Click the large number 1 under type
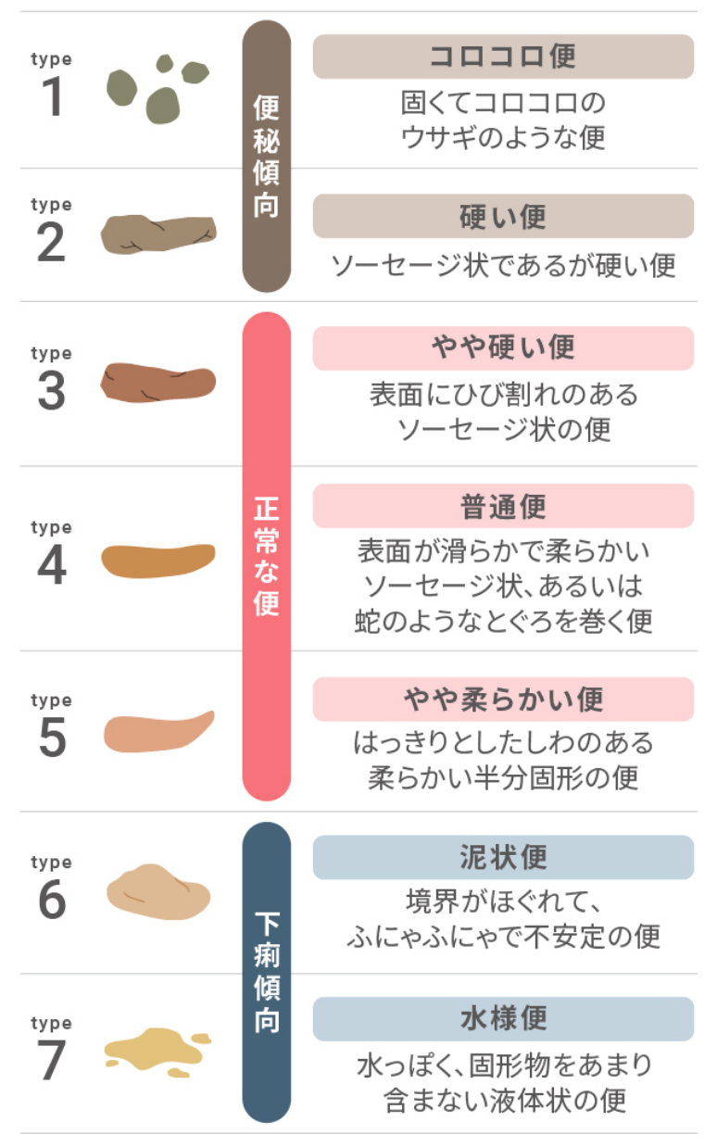coord(53,96)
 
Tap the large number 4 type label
coord(52,565)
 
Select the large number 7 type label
coord(52,1060)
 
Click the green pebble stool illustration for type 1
coord(157,89)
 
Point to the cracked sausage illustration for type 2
coord(158,234)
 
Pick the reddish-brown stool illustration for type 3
coord(158,383)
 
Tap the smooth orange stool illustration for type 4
coord(158,561)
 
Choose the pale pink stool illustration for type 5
coord(158,732)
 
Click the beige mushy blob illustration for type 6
coord(158,891)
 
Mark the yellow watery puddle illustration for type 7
coord(157,1052)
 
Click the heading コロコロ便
coord(503,57)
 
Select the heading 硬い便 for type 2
coord(503,216)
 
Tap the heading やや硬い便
coord(503,347)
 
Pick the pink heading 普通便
coord(503,506)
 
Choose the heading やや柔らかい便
coord(503,699)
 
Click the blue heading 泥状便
coord(503,857)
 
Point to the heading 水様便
coord(503,1018)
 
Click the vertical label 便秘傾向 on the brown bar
coord(266,157)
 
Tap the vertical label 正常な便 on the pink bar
coord(266,556)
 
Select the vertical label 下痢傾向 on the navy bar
coord(267,973)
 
